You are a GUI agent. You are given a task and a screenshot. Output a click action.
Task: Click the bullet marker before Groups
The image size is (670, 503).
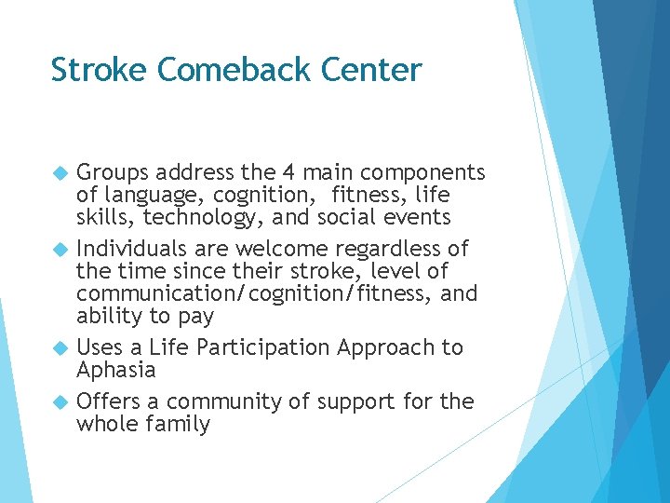[61, 173]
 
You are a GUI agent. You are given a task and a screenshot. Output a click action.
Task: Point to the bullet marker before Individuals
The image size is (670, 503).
[61, 250]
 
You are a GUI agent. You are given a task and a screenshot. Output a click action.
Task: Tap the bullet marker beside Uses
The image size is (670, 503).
[61, 348]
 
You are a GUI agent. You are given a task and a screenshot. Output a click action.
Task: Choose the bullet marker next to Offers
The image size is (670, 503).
[61, 402]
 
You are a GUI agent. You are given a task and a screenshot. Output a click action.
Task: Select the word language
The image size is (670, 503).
[148, 196]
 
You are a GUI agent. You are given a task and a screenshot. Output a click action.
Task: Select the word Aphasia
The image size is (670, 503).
[115, 370]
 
